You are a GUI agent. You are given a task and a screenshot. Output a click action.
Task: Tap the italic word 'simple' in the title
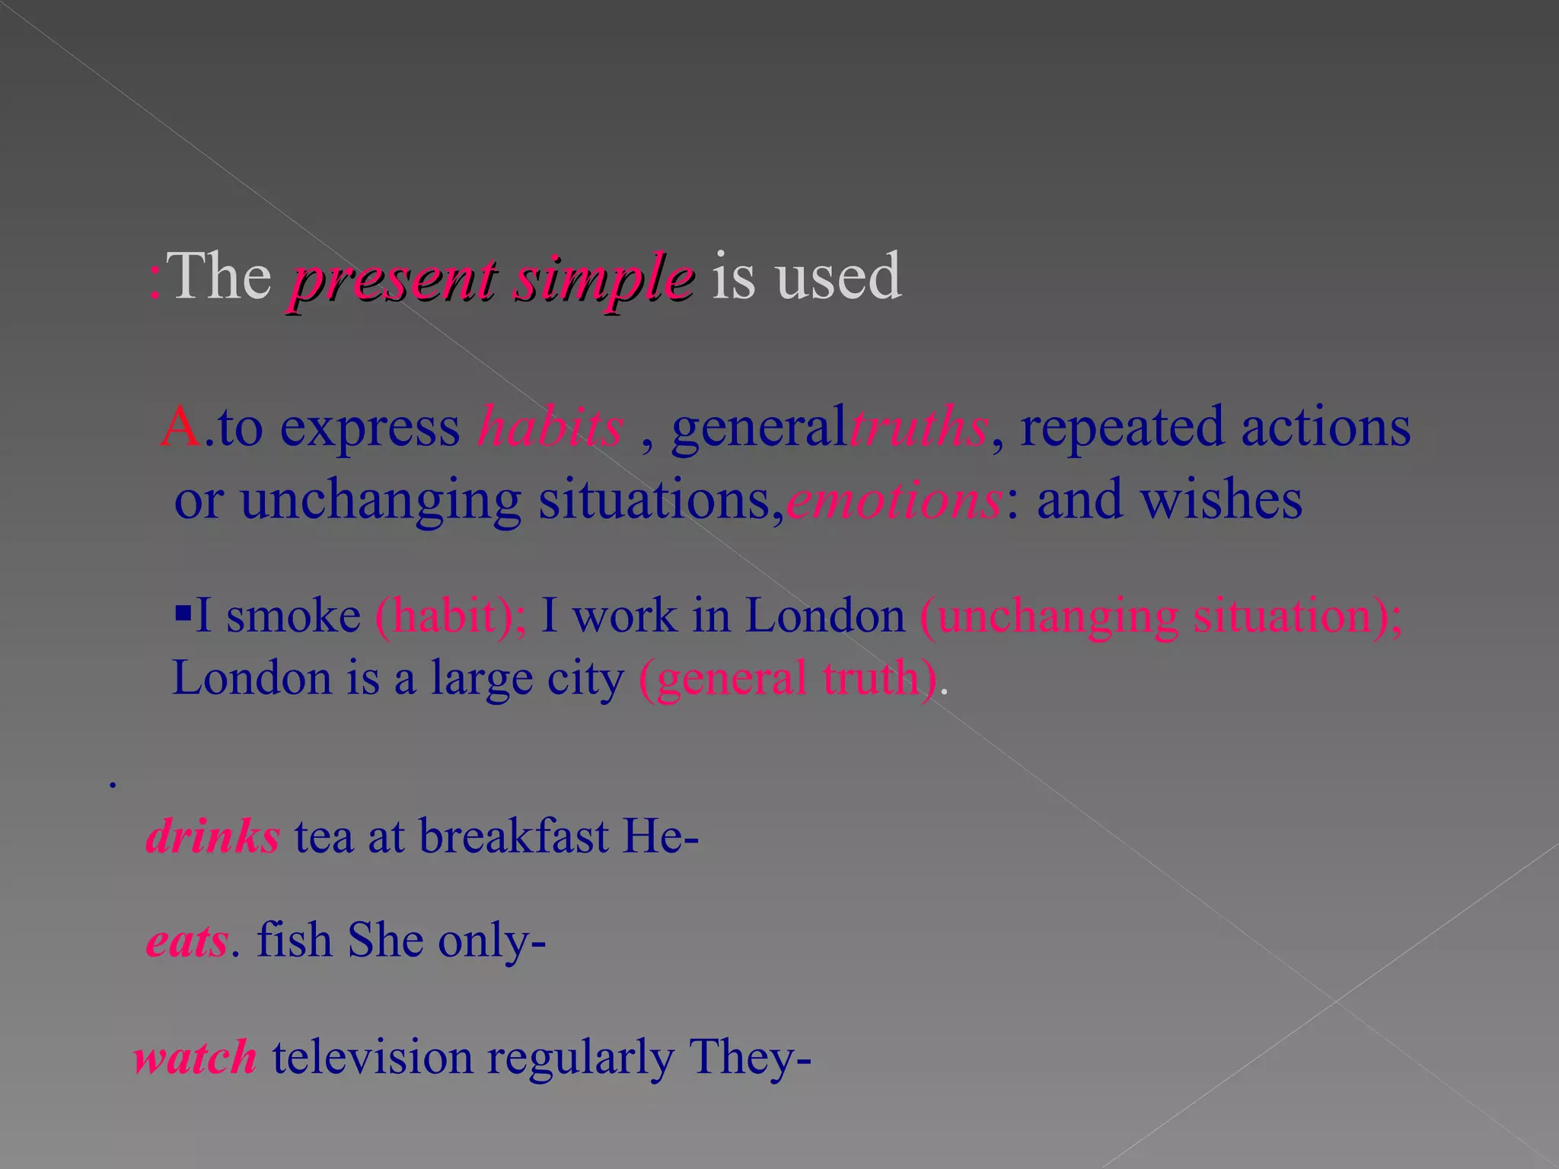point(604,279)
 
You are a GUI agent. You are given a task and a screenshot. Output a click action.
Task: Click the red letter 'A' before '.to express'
point(181,427)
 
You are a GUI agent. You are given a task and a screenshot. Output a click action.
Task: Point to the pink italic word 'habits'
point(550,427)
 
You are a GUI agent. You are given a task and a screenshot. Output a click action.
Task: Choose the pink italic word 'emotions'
point(894,501)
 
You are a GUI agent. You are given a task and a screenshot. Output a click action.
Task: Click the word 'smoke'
point(293,616)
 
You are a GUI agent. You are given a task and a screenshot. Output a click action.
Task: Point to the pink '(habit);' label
point(450,616)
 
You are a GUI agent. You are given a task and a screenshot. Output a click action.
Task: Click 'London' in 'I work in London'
point(824,616)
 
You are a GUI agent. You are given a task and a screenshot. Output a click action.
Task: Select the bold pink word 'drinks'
point(213,837)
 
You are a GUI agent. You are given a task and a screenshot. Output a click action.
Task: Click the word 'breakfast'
point(514,837)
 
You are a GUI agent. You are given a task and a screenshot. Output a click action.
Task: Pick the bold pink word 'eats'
point(187,941)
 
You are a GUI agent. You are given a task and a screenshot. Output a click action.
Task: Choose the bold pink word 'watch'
point(196,1058)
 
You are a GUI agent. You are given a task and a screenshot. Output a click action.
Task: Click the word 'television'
point(372,1058)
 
